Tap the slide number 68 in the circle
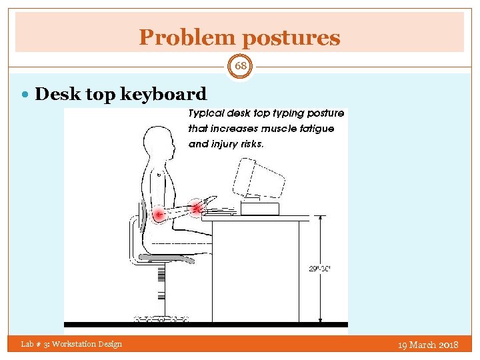pos(240,66)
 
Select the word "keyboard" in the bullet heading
pos(166,95)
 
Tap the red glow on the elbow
pos(159,215)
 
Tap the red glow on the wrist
pos(195,209)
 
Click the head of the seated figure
pos(159,141)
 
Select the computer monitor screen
pos(258,177)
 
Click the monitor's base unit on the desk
pos(259,209)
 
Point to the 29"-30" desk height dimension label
pos(319,269)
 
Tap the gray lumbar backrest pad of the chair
pos(141,219)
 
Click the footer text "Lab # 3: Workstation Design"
pos(71,344)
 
